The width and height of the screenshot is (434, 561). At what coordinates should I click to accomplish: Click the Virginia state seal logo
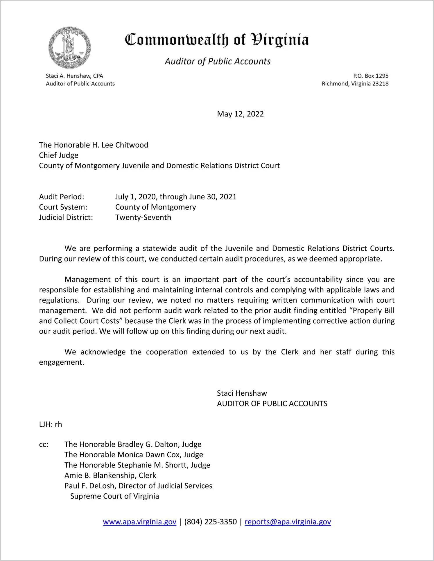[70, 48]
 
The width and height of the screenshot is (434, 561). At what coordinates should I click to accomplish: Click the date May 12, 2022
[240, 114]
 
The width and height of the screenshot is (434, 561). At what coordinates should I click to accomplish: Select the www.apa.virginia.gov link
[139, 522]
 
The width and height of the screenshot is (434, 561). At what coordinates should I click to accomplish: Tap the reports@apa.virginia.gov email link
[288, 522]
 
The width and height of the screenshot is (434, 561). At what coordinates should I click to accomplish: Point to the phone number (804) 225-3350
[210, 522]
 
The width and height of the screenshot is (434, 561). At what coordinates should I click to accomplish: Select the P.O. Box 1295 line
[371, 76]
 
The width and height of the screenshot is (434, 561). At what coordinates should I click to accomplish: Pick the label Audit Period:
[62, 197]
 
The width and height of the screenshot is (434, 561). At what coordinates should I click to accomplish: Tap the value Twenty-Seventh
[143, 217]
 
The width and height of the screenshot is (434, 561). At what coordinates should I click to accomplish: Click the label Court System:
[63, 207]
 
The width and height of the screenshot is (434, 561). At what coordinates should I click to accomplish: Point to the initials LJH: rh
[51, 424]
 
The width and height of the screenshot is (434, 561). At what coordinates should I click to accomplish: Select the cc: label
[44, 445]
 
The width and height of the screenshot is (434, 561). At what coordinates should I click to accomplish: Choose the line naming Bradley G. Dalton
[133, 444]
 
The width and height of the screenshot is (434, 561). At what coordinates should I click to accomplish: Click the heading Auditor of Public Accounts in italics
[218, 61]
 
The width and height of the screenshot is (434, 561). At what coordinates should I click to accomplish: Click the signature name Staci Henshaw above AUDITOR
[242, 393]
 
